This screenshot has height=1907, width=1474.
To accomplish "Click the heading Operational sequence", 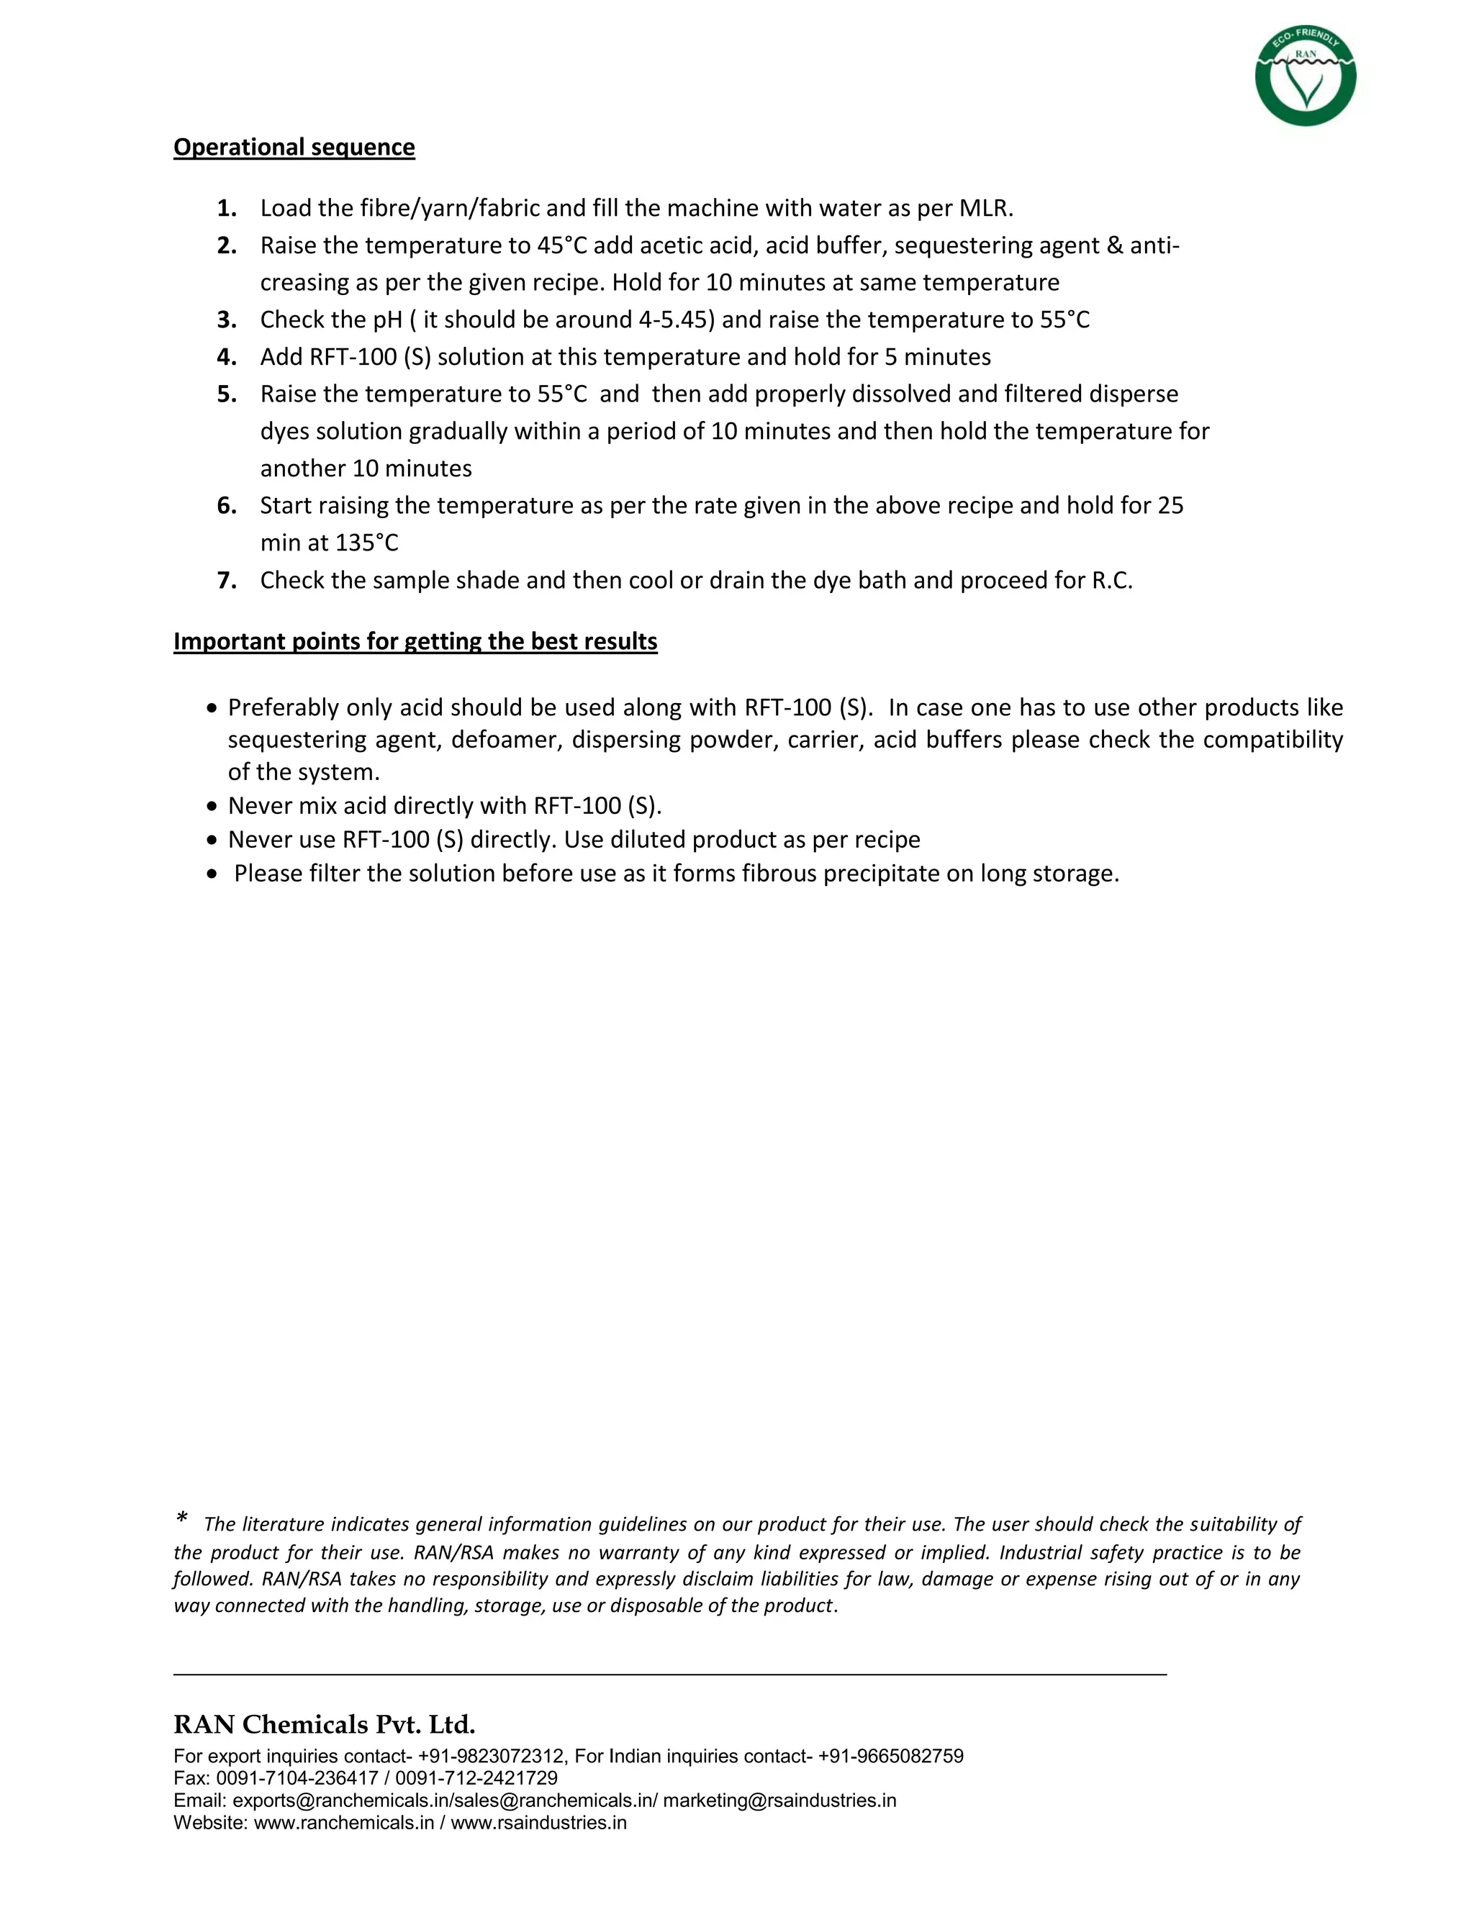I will [294, 147].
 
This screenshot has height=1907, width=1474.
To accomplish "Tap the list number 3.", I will [227, 320].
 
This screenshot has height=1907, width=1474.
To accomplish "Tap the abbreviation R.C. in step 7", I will [1111, 581].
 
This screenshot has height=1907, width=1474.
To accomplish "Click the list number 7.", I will [227, 581].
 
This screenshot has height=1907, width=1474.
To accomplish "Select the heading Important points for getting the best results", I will [415, 641].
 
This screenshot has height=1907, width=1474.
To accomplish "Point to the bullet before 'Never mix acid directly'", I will [212, 806].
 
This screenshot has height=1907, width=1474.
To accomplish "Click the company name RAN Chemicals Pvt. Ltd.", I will [324, 1724].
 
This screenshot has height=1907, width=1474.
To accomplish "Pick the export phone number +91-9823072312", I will [491, 1756].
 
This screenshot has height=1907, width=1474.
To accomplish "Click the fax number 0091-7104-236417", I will [297, 1777].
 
